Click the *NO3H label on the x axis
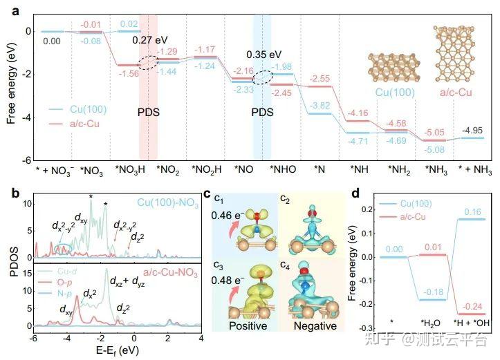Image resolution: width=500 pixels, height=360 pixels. (x=129, y=169)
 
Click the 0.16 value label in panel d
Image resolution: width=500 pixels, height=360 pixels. (x=461, y=211)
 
